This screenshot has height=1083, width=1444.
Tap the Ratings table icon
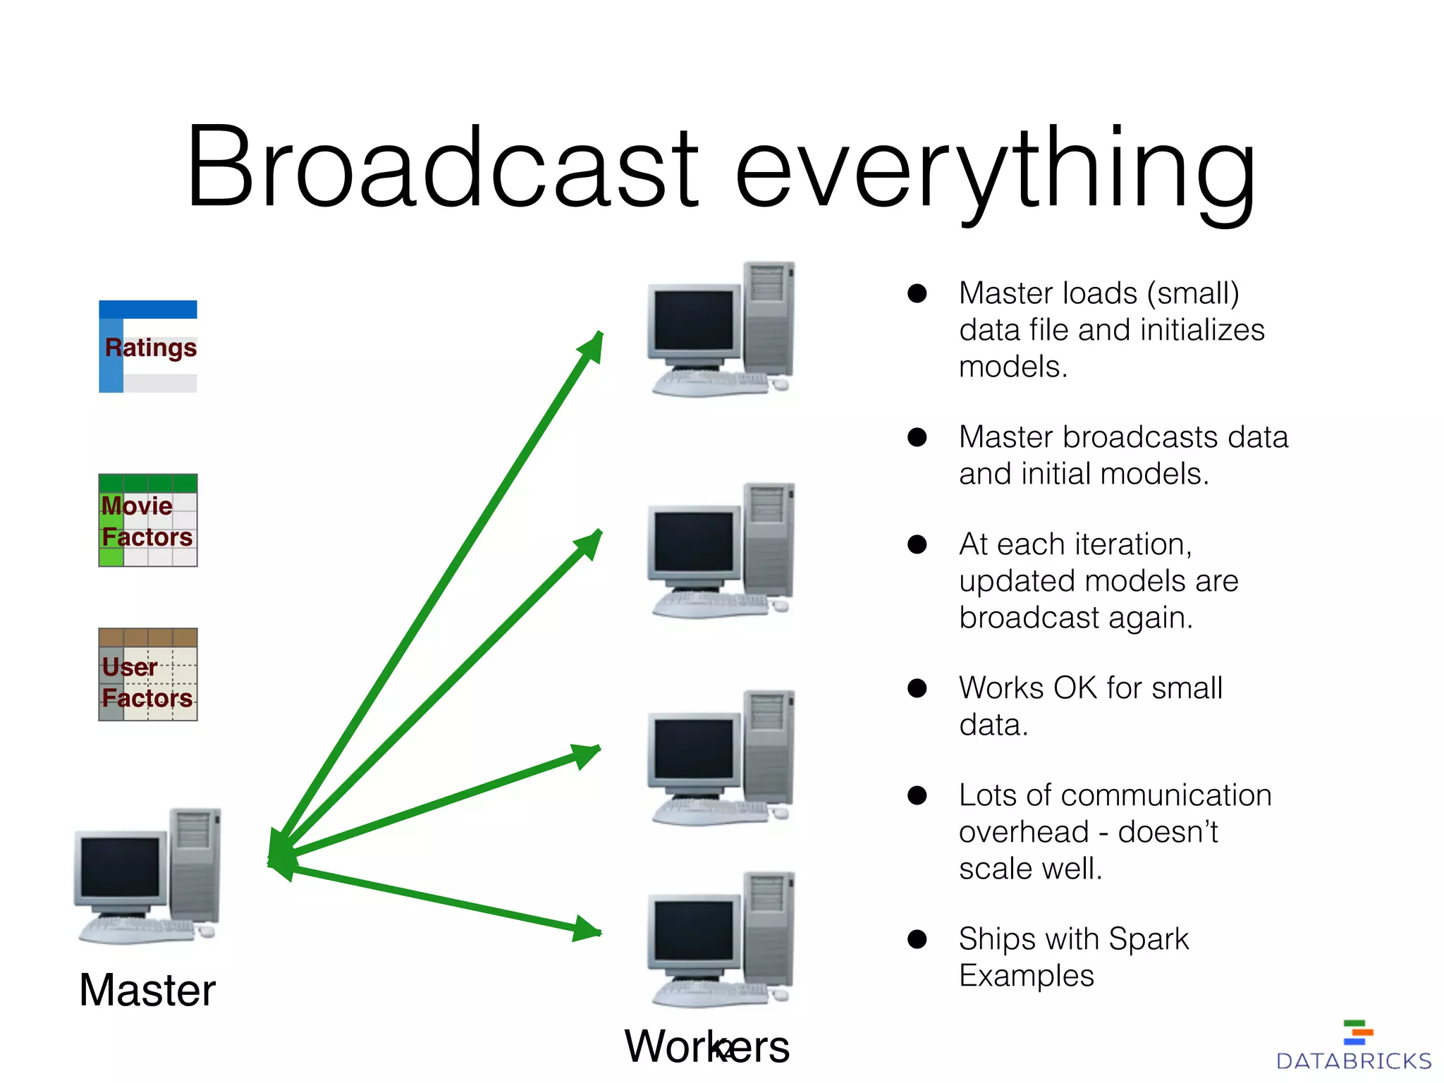[148, 346]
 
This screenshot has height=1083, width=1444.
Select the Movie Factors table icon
[148, 520]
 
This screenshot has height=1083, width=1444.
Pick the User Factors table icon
[148, 675]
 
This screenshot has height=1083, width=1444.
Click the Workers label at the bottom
[706, 1046]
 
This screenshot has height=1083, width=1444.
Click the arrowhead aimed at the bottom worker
[587, 929]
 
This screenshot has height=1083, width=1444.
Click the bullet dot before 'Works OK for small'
[917, 688]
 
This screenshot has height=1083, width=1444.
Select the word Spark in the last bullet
[1148, 939]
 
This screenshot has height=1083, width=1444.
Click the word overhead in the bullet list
[1024, 832]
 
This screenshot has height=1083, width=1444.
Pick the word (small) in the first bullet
[1192, 293]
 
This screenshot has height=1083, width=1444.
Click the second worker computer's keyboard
[709, 604]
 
